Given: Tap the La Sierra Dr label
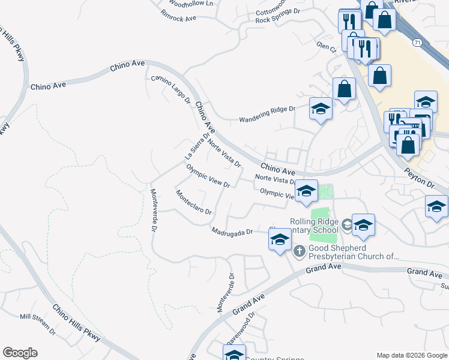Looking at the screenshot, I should click(196, 146).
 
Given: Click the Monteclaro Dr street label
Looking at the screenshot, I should click(193, 202).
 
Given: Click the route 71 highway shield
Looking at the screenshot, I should click(416, 43).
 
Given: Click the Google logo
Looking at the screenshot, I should click(20, 353).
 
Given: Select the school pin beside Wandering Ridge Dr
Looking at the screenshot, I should click(321, 109).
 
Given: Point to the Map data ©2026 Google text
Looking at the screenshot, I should click(411, 355).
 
